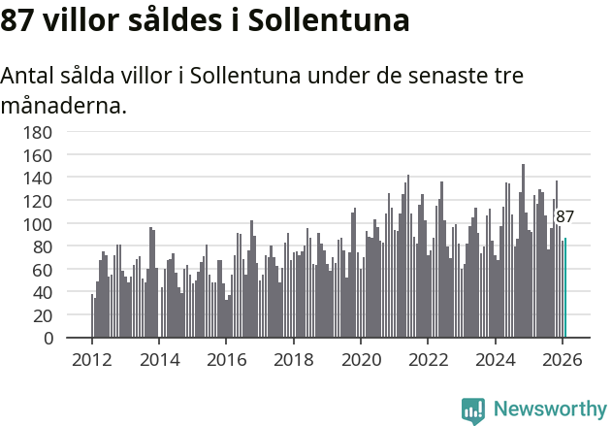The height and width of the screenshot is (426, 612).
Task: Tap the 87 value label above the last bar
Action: click(x=564, y=217)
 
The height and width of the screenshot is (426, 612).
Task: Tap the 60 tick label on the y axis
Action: click(x=43, y=270)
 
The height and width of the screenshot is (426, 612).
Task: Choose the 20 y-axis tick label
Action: click(x=43, y=315)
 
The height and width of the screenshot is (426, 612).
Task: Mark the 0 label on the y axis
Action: click(x=48, y=339)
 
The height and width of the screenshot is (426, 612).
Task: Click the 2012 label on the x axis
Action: click(x=92, y=359)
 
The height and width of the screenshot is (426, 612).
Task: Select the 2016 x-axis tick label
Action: click(x=226, y=359)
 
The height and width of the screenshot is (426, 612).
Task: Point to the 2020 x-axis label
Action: click(x=361, y=359)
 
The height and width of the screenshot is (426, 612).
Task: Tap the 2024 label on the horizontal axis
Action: click(x=496, y=359)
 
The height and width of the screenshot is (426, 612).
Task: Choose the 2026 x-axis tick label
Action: click(x=563, y=359)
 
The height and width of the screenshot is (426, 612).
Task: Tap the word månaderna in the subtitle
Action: click(x=64, y=105)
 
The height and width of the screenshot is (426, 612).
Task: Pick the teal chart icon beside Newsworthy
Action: click(x=473, y=410)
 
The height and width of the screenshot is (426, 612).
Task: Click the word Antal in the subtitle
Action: click(x=30, y=76)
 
